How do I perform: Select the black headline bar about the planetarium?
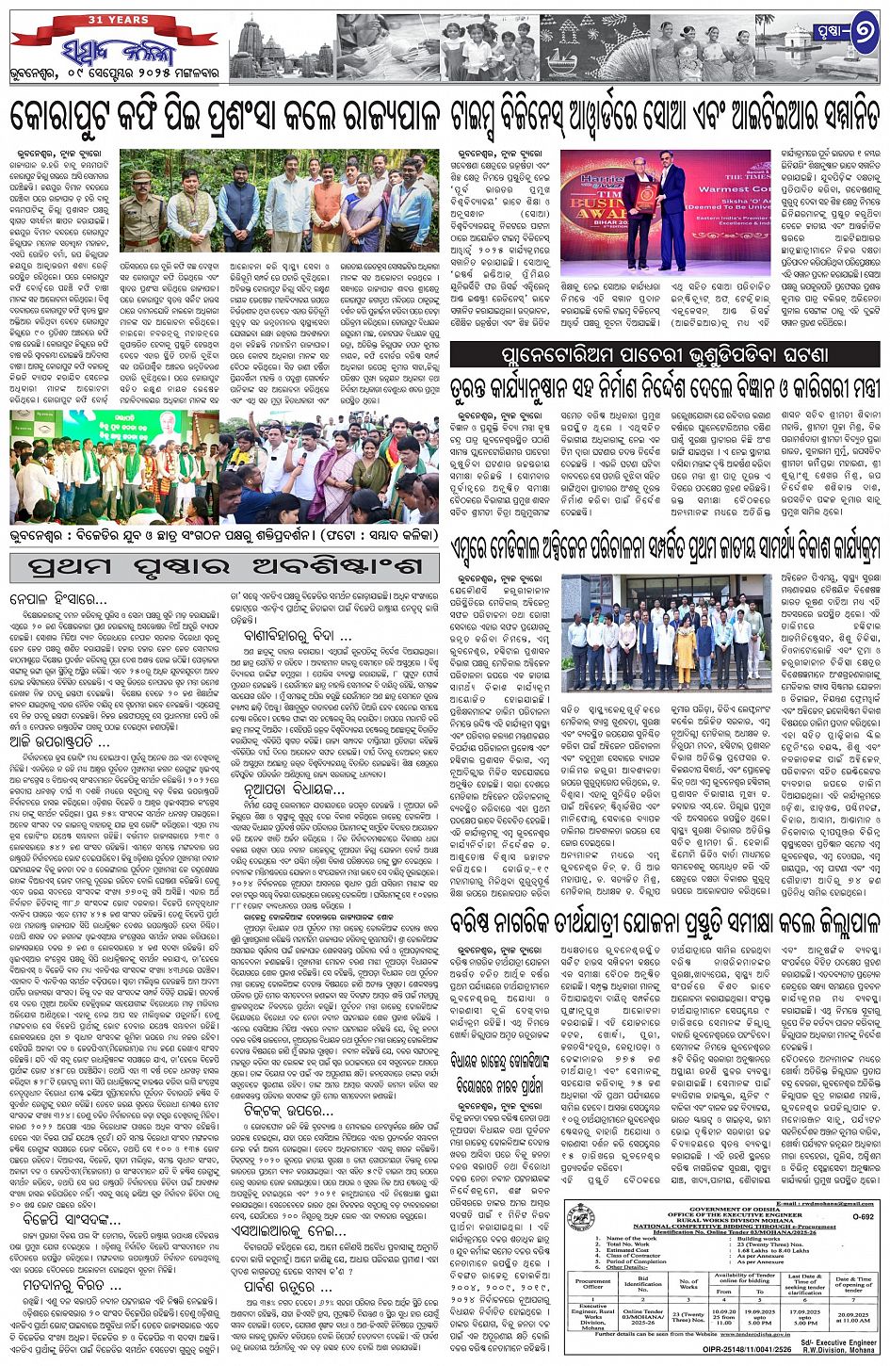(664, 354)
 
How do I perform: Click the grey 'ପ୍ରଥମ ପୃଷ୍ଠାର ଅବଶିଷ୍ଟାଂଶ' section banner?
(224, 568)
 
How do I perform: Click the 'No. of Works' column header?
(688, 1283)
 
